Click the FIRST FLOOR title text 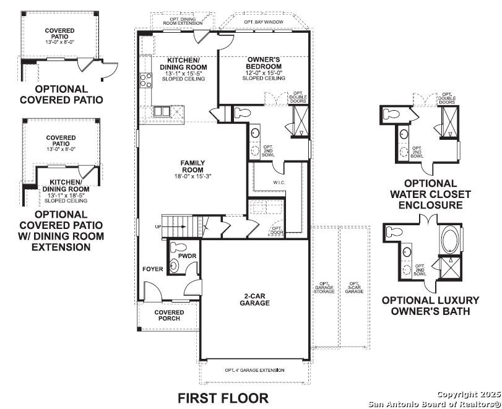pos(223,397)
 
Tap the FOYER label pos(152,269)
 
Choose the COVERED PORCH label pos(169,316)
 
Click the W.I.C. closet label pos(279,183)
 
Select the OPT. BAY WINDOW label pos(263,22)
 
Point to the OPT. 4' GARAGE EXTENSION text pos(254,370)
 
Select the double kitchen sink pos(161,111)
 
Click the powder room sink pos(176,266)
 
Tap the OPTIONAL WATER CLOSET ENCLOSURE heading pos(431,194)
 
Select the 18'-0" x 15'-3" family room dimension pos(193,176)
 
